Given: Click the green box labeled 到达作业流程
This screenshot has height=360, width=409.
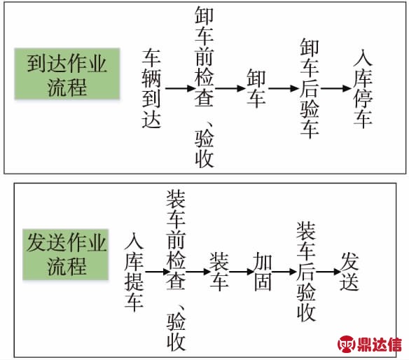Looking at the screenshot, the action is pyautogui.click(x=67, y=74).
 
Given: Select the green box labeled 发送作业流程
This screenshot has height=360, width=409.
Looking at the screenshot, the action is pyautogui.click(x=65, y=255).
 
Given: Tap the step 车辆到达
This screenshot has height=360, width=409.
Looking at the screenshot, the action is pyautogui.click(x=151, y=88).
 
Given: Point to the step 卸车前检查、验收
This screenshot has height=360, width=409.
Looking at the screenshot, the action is pyautogui.click(x=204, y=88).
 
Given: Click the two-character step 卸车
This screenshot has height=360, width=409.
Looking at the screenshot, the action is pyautogui.click(x=256, y=88).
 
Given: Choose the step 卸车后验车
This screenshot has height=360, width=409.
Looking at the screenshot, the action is pyautogui.click(x=310, y=88).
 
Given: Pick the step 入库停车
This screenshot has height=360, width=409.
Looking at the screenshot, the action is pyautogui.click(x=363, y=88).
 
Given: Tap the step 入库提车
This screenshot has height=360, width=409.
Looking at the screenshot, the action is pyautogui.click(x=134, y=272).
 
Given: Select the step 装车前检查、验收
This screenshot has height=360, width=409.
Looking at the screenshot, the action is pyautogui.click(x=176, y=271).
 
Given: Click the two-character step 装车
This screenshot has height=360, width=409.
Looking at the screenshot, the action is pyautogui.click(x=219, y=272).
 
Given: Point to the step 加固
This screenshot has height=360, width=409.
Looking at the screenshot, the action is pyautogui.click(x=263, y=272).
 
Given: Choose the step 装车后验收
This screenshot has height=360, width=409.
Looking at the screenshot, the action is pyautogui.click(x=306, y=272).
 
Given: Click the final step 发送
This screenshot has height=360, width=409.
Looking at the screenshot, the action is pyautogui.click(x=349, y=272).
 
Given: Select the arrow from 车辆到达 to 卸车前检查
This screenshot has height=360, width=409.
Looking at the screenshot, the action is pyautogui.click(x=180, y=88).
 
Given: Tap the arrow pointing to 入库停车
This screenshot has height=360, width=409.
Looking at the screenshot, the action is pyautogui.click(x=336, y=88).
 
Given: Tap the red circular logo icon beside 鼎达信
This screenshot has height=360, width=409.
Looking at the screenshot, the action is pyautogui.click(x=346, y=344).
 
